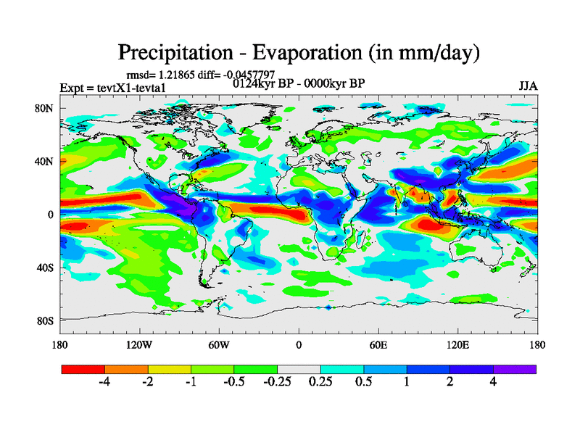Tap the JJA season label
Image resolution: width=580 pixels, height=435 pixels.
point(528,86)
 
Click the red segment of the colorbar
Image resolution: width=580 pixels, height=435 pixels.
point(83,369)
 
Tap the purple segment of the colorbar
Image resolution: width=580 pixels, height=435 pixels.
point(515,369)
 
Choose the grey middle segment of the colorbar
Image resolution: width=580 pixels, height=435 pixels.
point(299,369)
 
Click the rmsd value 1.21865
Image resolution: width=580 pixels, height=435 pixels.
point(178,75)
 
